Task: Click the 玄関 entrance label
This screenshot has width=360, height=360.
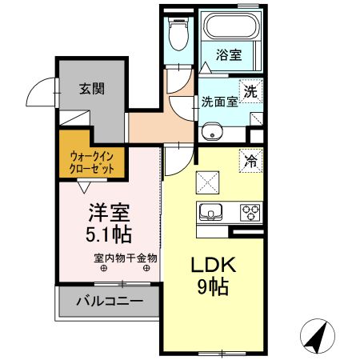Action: [92, 89]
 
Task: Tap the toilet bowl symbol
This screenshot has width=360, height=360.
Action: [178, 34]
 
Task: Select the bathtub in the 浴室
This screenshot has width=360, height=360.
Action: [231, 26]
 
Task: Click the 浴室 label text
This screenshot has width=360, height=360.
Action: [229, 54]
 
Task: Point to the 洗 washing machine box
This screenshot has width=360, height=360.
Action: [251, 91]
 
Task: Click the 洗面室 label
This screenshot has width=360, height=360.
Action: [219, 102]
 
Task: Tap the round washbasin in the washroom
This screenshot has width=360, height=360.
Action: [210, 131]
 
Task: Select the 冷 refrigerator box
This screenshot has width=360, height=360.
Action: [251, 161]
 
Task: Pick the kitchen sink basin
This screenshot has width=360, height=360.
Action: [210, 212]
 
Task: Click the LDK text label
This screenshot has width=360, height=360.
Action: [214, 265]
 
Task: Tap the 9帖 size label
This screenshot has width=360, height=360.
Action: [213, 286]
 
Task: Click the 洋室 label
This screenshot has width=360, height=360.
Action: [109, 213]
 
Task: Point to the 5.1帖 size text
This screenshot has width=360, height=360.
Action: [109, 234]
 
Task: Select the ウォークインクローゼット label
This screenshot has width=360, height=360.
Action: [91, 162]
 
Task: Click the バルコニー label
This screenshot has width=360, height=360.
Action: [110, 302]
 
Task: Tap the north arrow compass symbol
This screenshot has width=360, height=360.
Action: [318, 336]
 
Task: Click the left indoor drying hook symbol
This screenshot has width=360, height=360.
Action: [104, 268]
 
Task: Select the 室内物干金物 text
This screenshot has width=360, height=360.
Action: [126, 258]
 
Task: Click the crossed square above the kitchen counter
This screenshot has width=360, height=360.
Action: [207, 182]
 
